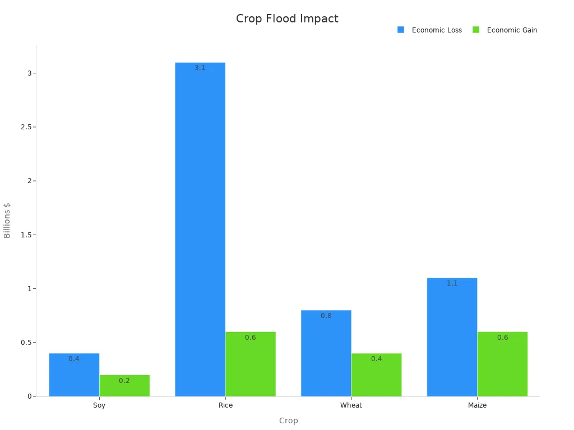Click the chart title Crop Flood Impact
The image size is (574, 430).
click(x=287, y=19)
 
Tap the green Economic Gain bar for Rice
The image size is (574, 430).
click(x=251, y=364)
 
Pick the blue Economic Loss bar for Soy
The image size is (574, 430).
click(x=74, y=375)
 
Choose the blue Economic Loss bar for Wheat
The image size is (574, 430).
click(x=326, y=353)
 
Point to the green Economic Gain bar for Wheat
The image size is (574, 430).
click(x=377, y=375)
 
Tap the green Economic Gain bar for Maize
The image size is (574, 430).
click(x=502, y=364)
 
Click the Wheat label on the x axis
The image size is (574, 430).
click(x=351, y=405)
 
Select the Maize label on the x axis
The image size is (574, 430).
click(x=477, y=405)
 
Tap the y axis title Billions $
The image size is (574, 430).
click(x=7, y=220)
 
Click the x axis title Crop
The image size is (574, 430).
click(x=288, y=420)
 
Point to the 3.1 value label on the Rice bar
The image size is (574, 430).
click(x=200, y=68)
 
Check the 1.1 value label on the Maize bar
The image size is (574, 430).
click(x=452, y=283)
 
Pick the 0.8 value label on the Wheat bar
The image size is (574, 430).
click(x=326, y=316)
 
